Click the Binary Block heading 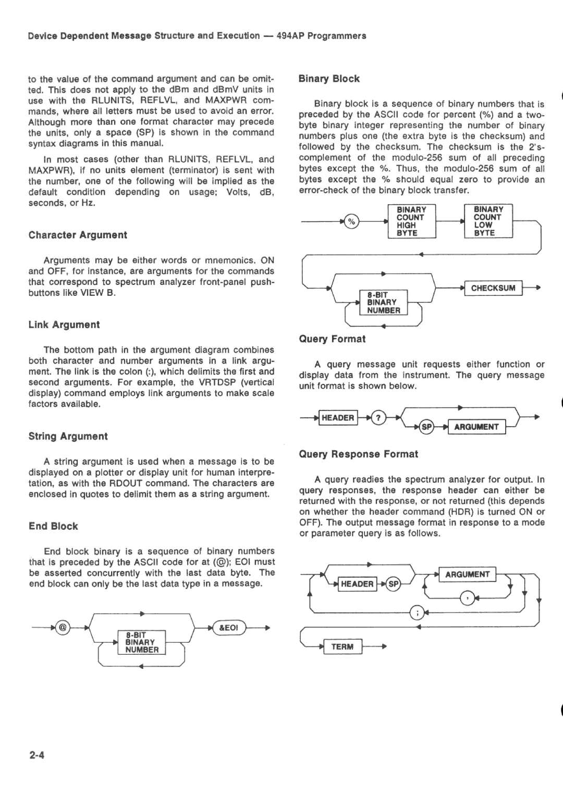pyautogui.click(x=329, y=79)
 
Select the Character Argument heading pyautogui.click(x=78, y=235)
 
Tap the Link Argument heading pyautogui.click(x=64, y=325)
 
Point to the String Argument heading pyautogui.click(x=68, y=437)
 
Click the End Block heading pyautogui.click(x=53, y=526)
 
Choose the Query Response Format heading pyautogui.click(x=359, y=454)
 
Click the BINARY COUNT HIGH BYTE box pyautogui.click(x=411, y=221)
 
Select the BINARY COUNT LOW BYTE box pyautogui.click(x=488, y=221)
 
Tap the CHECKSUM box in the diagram pyautogui.click(x=493, y=288)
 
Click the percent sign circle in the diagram pyautogui.click(x=351, y=222)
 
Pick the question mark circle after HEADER pyautogui.click(x=379, y=418)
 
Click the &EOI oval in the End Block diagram pyautogui.click(x=229, y=628)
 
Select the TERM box pyautogui.click(x=342, y=646)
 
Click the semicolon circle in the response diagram pyautogui.click(x=417, y=612)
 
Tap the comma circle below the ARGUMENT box pyautogui.click(x=468, y=598)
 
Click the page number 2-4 pyautogui.click(x=37, y=755)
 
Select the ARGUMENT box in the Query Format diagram pyautogui.click(x=476, y=427)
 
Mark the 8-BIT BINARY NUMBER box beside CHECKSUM pyautogui.click(x=384, y=303)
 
